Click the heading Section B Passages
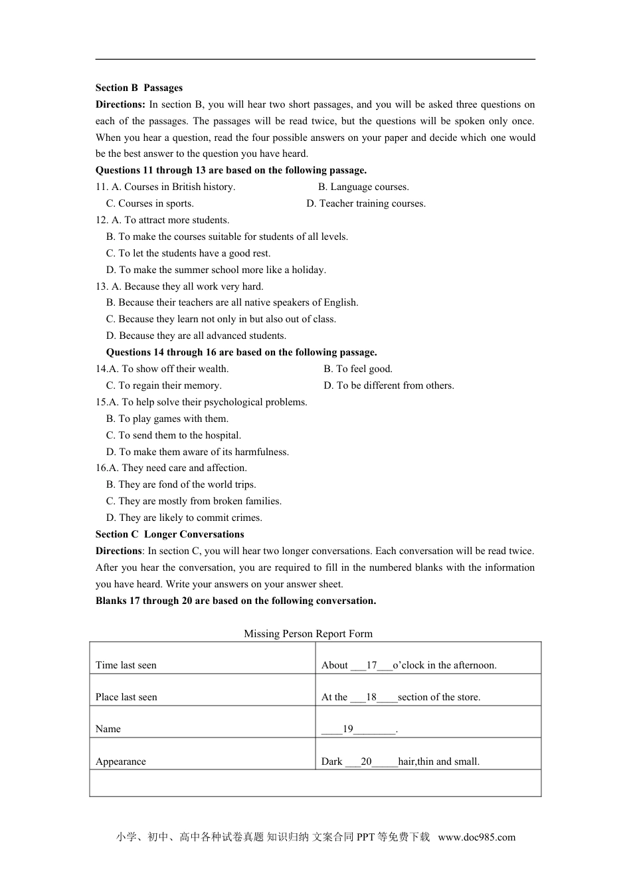pos(139,88)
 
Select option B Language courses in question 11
pos(363,187)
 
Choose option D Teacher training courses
pos(366,203)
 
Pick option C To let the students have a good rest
pos(188,253)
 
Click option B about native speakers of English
pos(232,302)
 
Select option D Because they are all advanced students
pos(196,336)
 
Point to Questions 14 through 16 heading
pos(241,352)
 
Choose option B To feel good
pos(358,369)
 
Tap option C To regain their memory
pos(163,385)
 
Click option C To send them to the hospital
pos(173,435)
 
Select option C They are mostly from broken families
pos(193,501)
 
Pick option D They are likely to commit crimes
pos(184,518)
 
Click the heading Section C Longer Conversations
pos(169,534)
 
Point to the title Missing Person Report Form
pos(308,634)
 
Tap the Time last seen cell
pos(126,665)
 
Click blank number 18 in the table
pos(371,697)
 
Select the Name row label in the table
pos(108,729)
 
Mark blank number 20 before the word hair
pos(367,761)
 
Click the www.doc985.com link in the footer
pos(476,837)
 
